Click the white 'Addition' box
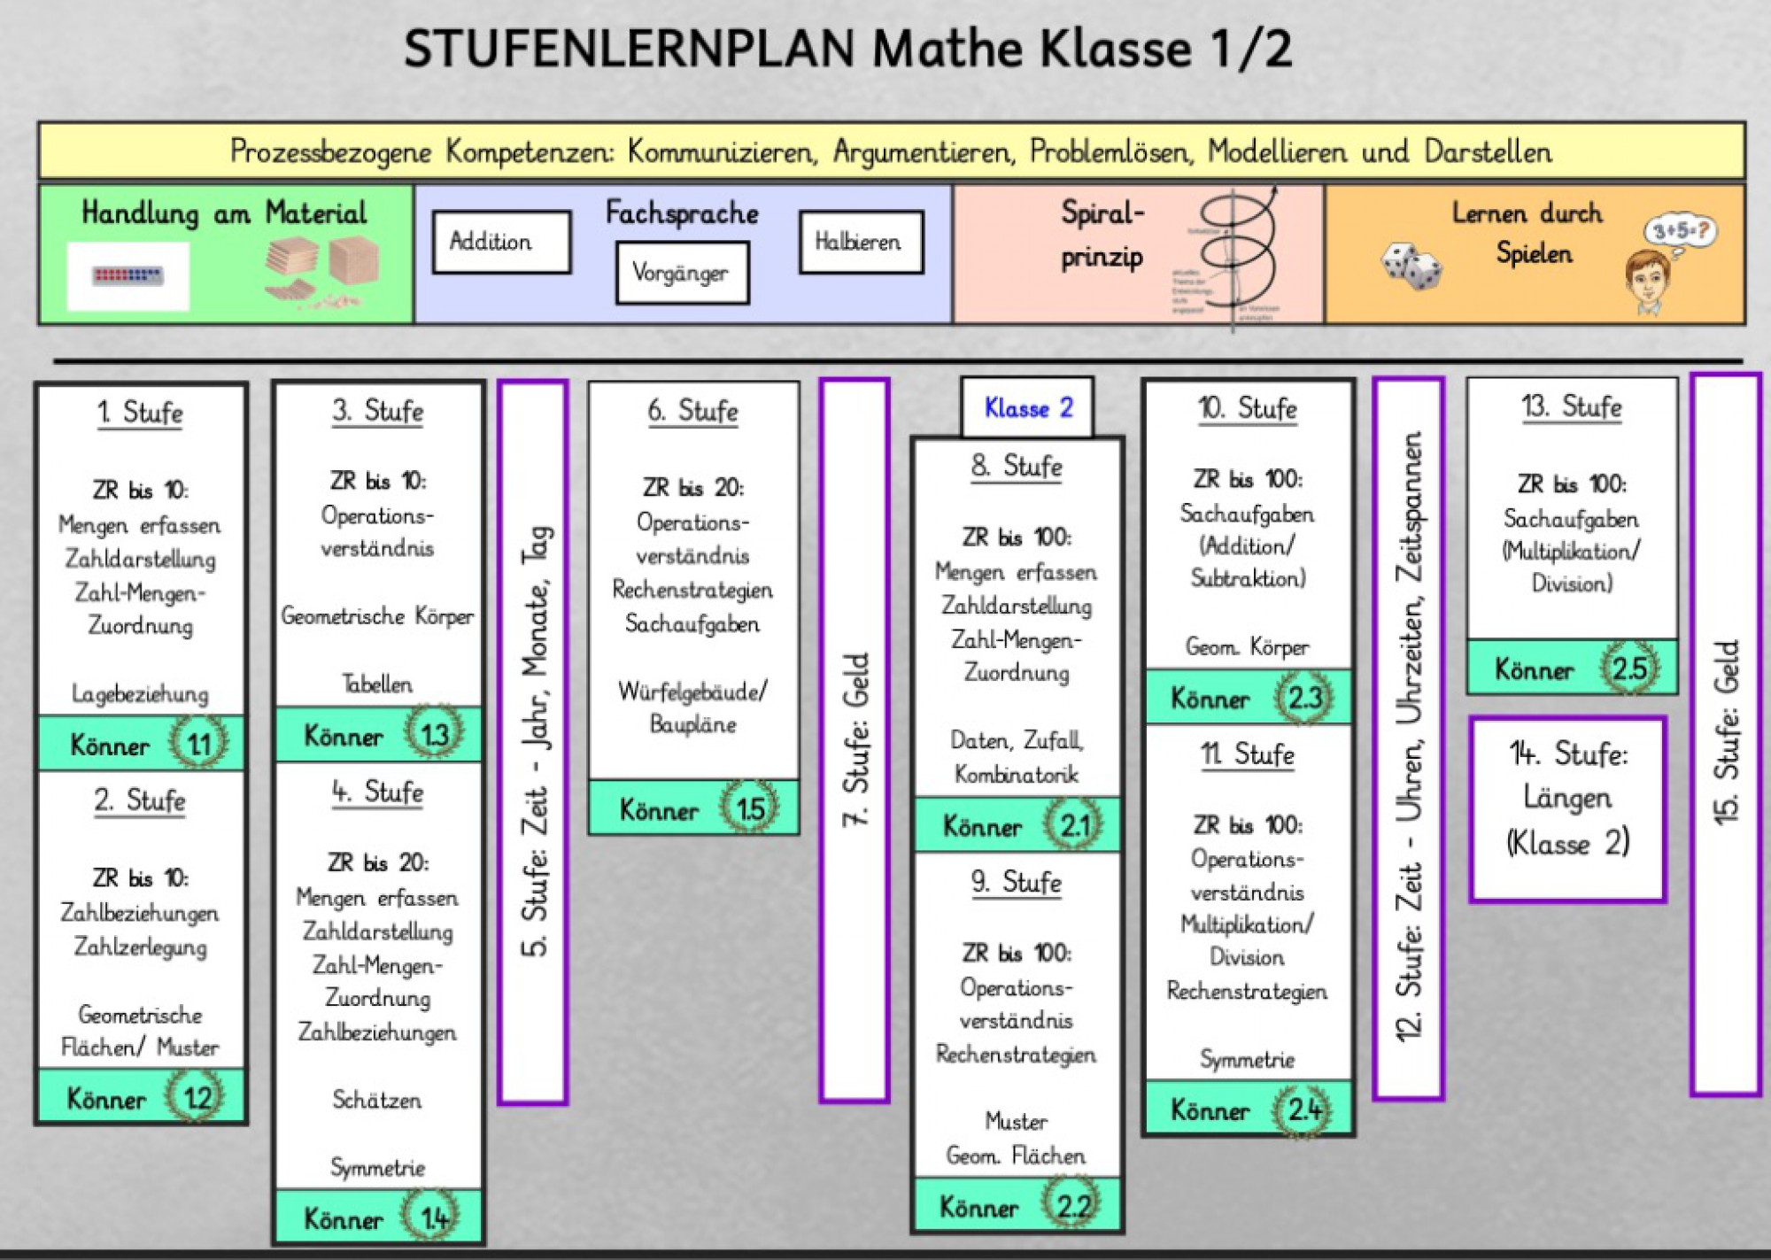point(501,242)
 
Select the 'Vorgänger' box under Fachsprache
point(682,273)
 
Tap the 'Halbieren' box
point(861,242)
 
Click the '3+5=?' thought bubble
point(1680,231)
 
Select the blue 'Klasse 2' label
point(1027,408)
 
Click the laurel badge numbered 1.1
point(198,743)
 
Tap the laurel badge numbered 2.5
point(1628,668)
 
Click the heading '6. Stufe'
point(692,411)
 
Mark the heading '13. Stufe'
point(1571,407)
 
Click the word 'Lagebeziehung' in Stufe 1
point(140,693)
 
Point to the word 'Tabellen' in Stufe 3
point(377,684)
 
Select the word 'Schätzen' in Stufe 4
point(377,1100)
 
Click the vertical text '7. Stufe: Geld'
point(855,740)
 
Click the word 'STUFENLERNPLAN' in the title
point(629,49)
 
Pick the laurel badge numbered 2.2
point(1072,1205)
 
